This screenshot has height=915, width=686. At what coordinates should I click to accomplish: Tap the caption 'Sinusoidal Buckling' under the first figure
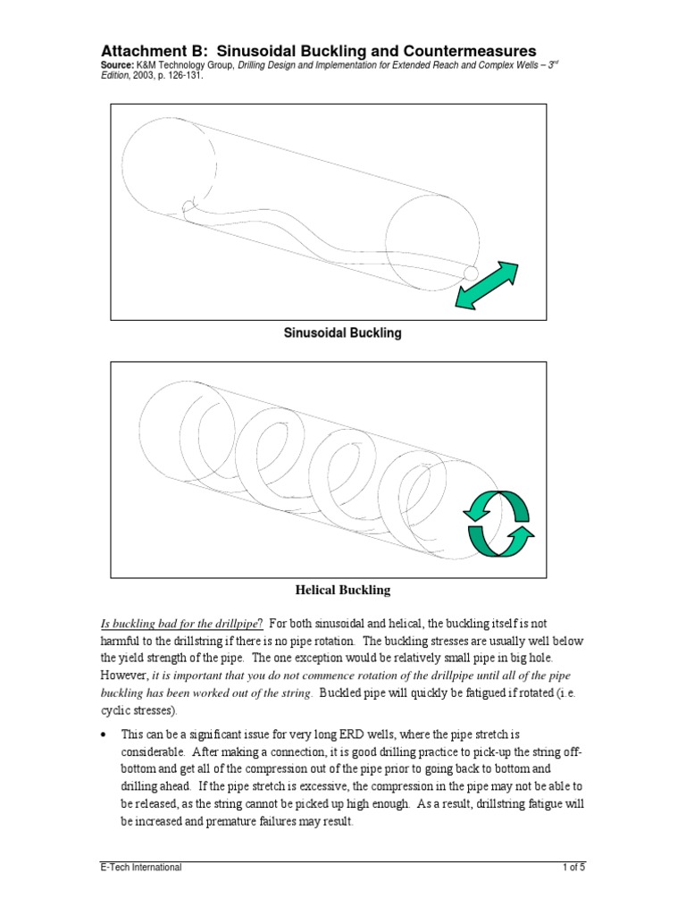click(342, 333)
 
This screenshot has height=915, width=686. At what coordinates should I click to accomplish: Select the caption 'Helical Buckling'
click(342, 591)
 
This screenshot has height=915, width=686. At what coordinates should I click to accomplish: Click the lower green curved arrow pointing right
click(500, 540)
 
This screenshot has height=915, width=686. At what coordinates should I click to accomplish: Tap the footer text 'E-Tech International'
click(140, 868)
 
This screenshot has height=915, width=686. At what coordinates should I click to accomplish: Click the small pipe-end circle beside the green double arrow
click(471, 272)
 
